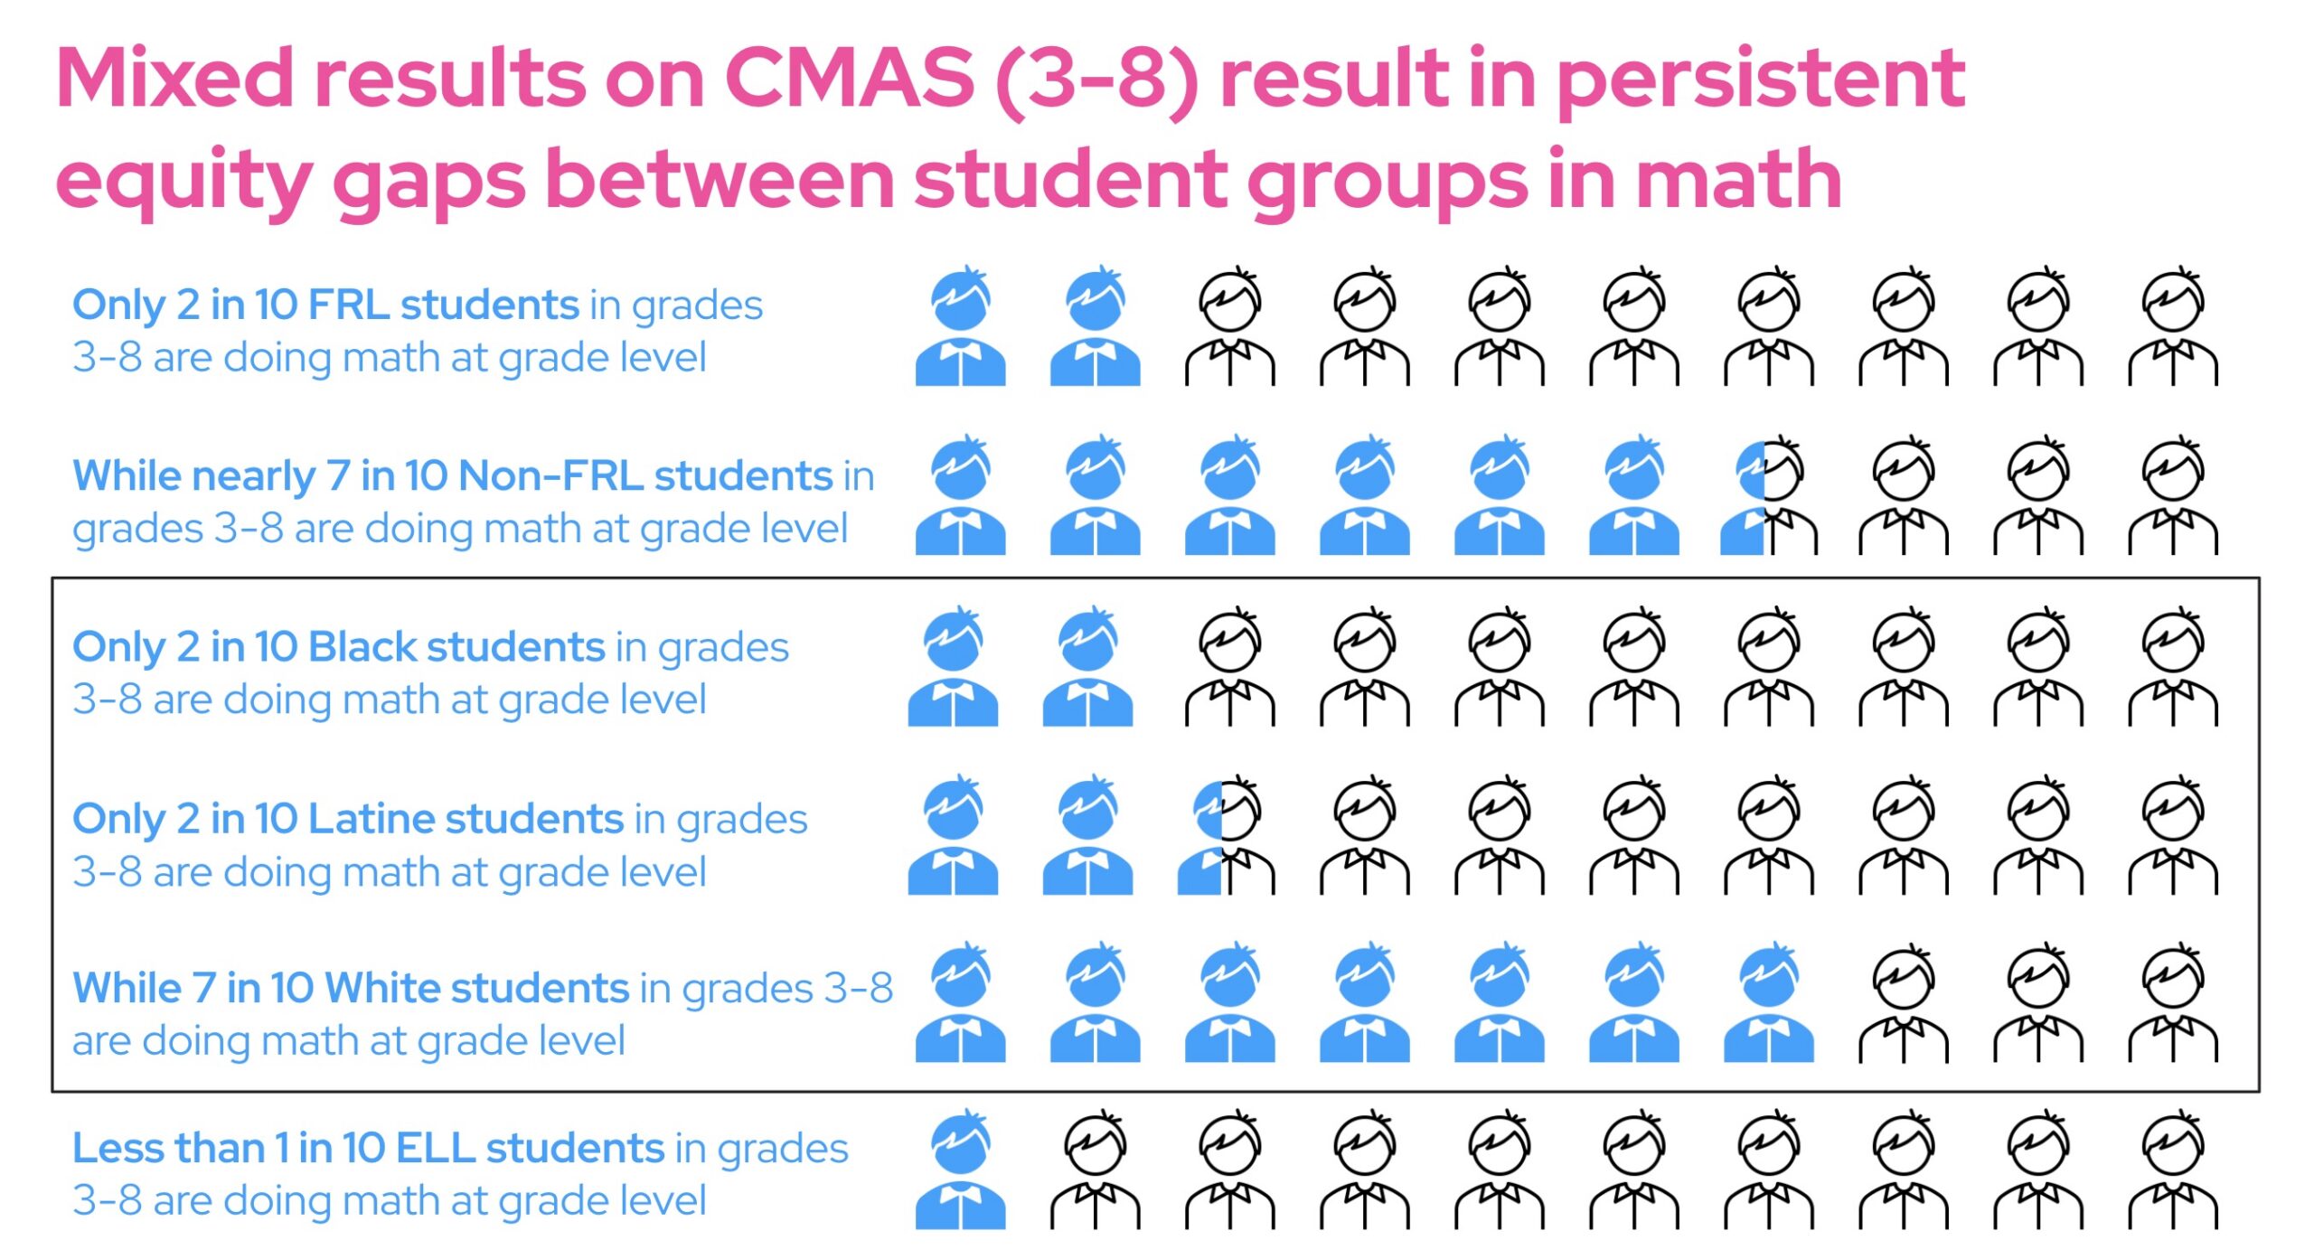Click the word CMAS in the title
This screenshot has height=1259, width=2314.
tap(850, 78)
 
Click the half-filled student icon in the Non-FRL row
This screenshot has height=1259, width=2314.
tap(1768, 495)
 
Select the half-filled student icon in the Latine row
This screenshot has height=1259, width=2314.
tap(1226, 835)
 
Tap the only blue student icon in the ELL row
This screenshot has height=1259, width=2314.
tap(960, 1170)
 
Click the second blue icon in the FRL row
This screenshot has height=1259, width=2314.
tap(1095, 325)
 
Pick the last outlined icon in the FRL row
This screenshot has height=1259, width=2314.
tap(2172, 325)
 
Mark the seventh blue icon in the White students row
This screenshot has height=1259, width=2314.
tap(1768, 1001)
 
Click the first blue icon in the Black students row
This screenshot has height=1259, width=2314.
tap(953, 666)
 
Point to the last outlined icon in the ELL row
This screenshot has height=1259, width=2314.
tap(2172, 1170)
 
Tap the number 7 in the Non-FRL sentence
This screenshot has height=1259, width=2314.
tap(338, 476)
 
